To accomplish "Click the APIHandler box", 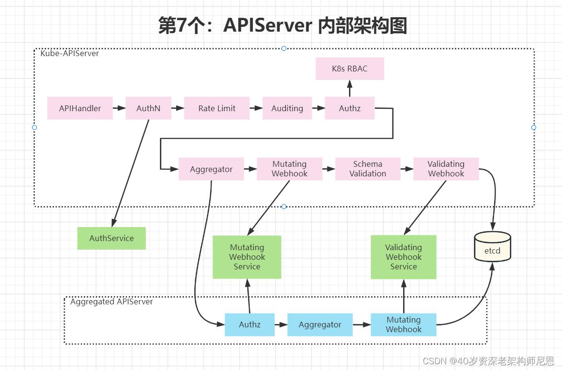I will pyautogui.click(x=80, y=108).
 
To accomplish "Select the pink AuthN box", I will pyautogui.click(x=148, y=108).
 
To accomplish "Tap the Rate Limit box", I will pyautogui.click(x=217, y=108).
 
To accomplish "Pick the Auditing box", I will pyautogui.click(x=287, y=108).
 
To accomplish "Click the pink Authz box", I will pyautogui.click(x=349, y=108).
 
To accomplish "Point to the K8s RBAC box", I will pyautogui.click(x=349, y=69).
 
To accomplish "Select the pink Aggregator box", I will pyautogui.click(x=211, y=169).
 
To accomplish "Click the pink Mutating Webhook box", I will pyautogui.click(x=289, y=169).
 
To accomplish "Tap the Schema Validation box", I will pyautogui.click(x=368, y=169).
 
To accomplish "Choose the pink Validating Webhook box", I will pyautogui.click(x=446, y=169).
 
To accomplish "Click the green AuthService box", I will pyautogui.click(x=112, y=238).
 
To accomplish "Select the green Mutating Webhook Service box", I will pyautogui.click(x=247, y=257).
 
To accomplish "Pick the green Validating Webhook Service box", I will pyautogui.click(x=404, y=257).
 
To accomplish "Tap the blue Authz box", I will pyautogui.click(x=250, y=324).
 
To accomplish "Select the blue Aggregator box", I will pyautogui.click(x=320, y=324).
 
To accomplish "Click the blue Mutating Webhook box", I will pyautogui.click(x=404, y=324).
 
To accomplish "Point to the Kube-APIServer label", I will pyautogui.click(x=69, y=53).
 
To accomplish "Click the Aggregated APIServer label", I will pyautogui.click(x=112, y=301).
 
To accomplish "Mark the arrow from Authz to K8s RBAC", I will pyautogui.click(x=349, y=88).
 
